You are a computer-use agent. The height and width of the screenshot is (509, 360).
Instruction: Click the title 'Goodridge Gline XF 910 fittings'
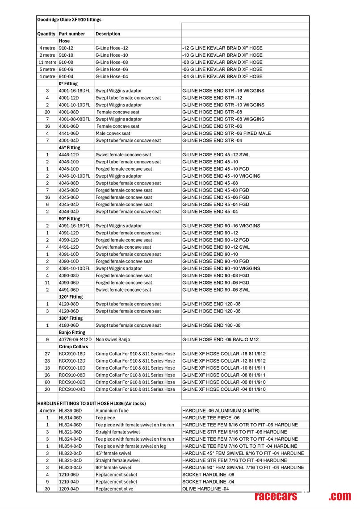[69, 20]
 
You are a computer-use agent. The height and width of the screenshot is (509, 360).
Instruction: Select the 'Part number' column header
[71, 34]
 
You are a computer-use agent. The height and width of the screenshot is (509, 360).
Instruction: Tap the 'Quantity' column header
[46, 34]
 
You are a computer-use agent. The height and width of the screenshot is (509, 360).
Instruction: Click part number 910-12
[66, 48]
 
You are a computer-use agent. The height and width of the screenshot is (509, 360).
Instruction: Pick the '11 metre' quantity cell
[47, 62]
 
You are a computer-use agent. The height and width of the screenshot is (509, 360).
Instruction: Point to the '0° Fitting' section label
[68, 83]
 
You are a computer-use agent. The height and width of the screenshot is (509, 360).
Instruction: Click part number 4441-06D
[69, 133]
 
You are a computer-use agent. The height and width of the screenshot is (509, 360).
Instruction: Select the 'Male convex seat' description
[113, 133]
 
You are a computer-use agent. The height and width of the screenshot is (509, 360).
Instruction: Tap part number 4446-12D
[69, 154]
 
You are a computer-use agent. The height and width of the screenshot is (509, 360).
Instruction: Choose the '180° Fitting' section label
[71, 318]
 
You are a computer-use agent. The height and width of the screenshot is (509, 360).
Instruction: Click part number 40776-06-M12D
[75, 339]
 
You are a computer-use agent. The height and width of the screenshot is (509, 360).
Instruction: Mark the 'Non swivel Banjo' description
[113, 339]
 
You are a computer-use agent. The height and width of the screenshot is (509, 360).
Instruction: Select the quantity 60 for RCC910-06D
[47, 382]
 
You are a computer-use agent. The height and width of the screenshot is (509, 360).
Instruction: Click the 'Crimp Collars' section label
[73, 346]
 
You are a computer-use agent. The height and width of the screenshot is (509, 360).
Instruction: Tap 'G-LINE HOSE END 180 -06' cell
[212, 325]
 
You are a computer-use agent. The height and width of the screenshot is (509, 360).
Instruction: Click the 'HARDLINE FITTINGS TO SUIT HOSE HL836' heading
[92, 404]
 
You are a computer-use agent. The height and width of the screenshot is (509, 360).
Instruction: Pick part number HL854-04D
[70, 446]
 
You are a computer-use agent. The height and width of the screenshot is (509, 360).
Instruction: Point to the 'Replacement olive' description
[114, 489]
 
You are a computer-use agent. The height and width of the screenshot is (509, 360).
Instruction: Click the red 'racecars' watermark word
[276, 496]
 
